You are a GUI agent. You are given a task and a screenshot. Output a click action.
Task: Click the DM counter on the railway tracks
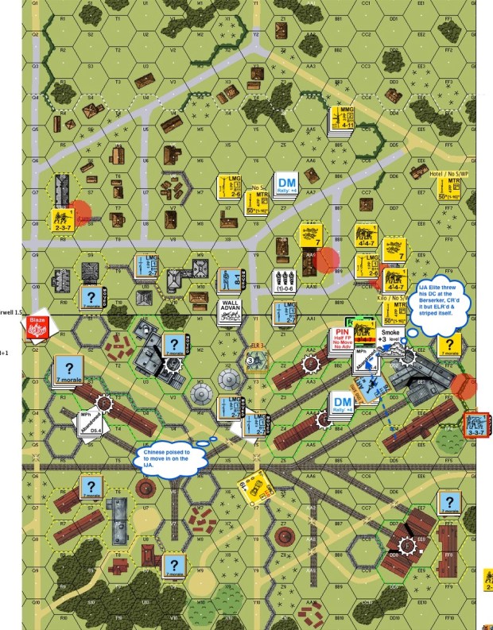click(x=344, y=406)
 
